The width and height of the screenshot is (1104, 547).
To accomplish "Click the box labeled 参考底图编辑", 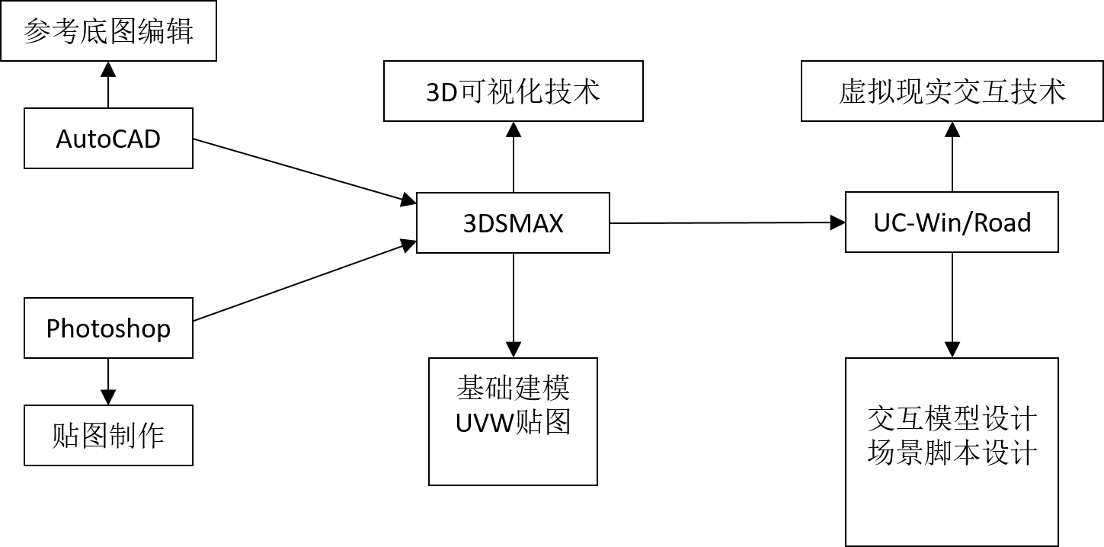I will tap(108, 31).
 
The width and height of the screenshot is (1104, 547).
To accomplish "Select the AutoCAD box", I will tap(108, 139).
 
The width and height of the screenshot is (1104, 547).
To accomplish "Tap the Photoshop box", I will tap(108, 328).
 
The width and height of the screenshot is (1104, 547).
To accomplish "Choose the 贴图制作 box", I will tap(108, 436).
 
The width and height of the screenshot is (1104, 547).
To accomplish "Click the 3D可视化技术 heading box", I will tap(513, 91).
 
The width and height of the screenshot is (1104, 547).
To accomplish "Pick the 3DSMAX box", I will tap(513, 223).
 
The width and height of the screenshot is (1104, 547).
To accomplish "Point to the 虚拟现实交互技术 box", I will tap(952, 91).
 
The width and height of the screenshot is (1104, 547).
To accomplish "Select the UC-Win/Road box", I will tap(952, 222).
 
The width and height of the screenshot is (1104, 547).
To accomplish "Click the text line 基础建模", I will tap(513, 389).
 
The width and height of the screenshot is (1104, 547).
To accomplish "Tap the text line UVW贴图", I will tap(513, 421).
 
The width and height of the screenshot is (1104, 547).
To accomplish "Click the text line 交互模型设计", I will tap(952, 418).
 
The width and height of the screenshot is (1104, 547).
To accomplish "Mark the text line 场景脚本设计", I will tap(952, 453).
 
